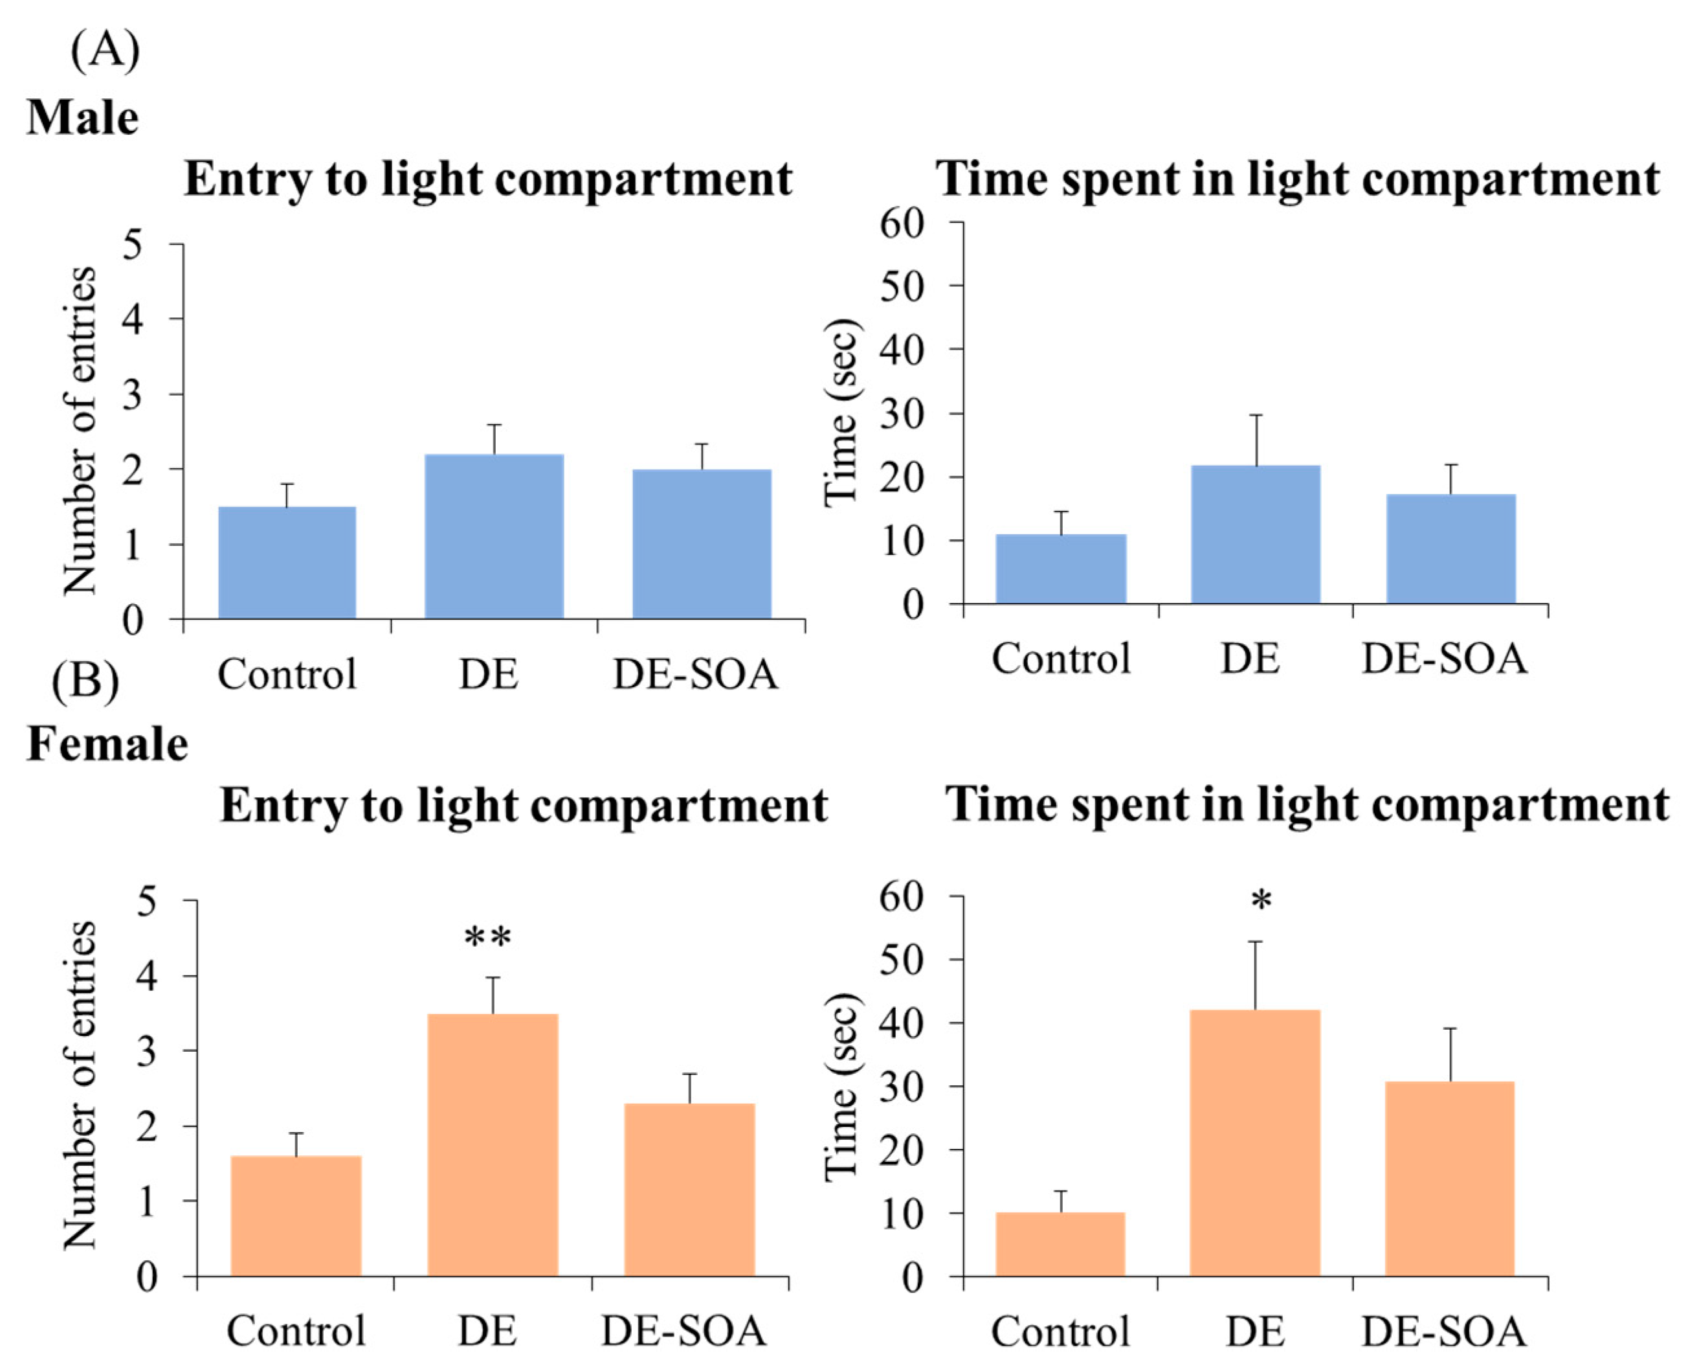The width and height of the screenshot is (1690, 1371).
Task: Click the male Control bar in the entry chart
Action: [287, 562]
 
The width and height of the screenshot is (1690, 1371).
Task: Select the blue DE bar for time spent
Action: [1255, 535]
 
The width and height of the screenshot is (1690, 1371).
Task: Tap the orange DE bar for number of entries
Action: [493, 1145]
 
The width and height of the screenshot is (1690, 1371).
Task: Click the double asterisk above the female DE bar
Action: [488, 938]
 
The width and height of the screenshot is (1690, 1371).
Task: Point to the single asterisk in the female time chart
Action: [1262, 900]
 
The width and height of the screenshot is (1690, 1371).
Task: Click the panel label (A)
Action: [105, 51]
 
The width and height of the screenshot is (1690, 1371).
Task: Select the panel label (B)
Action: [85, 681]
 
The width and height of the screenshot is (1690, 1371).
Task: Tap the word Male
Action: [83, 119]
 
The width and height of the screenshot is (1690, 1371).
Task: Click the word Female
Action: [108, 744]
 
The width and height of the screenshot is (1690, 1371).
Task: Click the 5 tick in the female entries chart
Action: [147, 900]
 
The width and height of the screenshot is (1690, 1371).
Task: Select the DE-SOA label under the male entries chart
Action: [695, 674]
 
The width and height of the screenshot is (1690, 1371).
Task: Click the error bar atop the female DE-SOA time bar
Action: [1450, 1054]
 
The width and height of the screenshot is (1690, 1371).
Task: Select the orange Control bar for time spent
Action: [1060, 1245]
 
